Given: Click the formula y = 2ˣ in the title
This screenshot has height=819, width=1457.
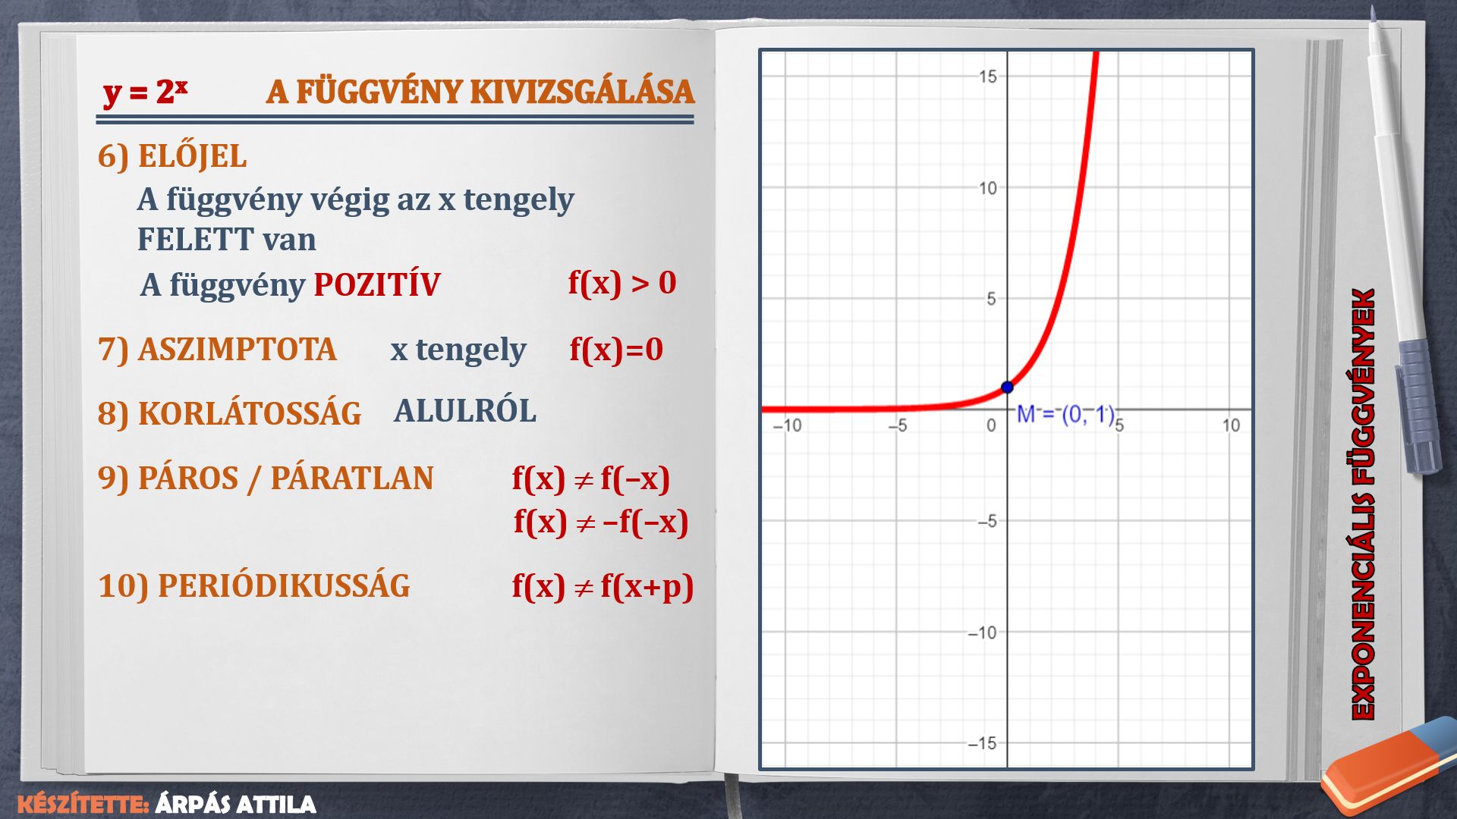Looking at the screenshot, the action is point(145,93).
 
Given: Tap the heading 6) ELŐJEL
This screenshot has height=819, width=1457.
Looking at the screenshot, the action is point(172,156).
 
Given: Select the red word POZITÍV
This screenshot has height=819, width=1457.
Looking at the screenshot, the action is point(376,284).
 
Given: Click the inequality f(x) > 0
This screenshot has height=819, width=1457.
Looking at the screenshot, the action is point(622,283).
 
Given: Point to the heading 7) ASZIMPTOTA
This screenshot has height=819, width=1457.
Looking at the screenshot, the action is point(217,350).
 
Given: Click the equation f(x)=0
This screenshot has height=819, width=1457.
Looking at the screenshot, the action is point(616,350).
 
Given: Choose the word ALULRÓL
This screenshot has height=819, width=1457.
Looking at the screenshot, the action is point(464,410).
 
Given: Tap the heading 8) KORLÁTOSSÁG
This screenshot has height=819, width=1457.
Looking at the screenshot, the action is point(229,413).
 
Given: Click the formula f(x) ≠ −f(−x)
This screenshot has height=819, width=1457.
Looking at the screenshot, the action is point(601,522).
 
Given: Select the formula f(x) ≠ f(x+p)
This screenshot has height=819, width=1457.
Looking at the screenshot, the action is point(603,586).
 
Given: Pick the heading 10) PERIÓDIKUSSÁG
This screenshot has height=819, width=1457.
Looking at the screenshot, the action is point(254,586).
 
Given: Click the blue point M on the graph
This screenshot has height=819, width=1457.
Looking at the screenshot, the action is point(1007,388).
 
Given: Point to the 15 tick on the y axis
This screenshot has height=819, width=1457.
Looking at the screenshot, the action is point(987,77).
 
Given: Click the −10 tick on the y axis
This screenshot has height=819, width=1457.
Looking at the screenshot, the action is point(982,632).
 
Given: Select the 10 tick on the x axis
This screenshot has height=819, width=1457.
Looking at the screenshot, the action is point(1230,425).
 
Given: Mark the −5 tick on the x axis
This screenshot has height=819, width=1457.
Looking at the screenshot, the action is point(897,425).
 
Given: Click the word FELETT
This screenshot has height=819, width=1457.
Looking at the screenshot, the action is point(195,240).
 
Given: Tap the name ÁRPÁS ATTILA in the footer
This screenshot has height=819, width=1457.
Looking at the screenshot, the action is point(235,805).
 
